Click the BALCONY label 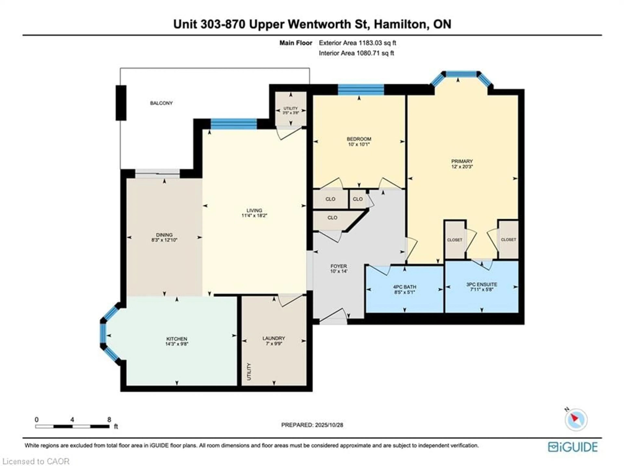tap(161, 103)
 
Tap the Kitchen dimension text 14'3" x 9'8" tap(177, 344)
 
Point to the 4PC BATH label tap(405, 287)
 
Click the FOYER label tap(338, 266)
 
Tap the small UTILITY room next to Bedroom tap(291, 110)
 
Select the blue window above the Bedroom tap(361, 89)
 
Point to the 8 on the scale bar tap(109, 419)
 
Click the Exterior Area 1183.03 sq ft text tap(357, 43)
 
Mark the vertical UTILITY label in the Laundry tap(249, 371)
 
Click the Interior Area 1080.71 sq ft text tap(356, 53)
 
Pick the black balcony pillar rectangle tap(121, 103)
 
